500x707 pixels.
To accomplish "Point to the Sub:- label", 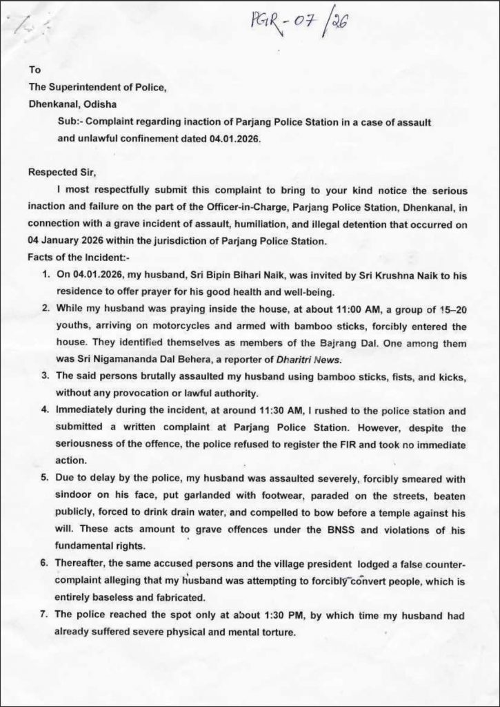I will click(71, 122).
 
